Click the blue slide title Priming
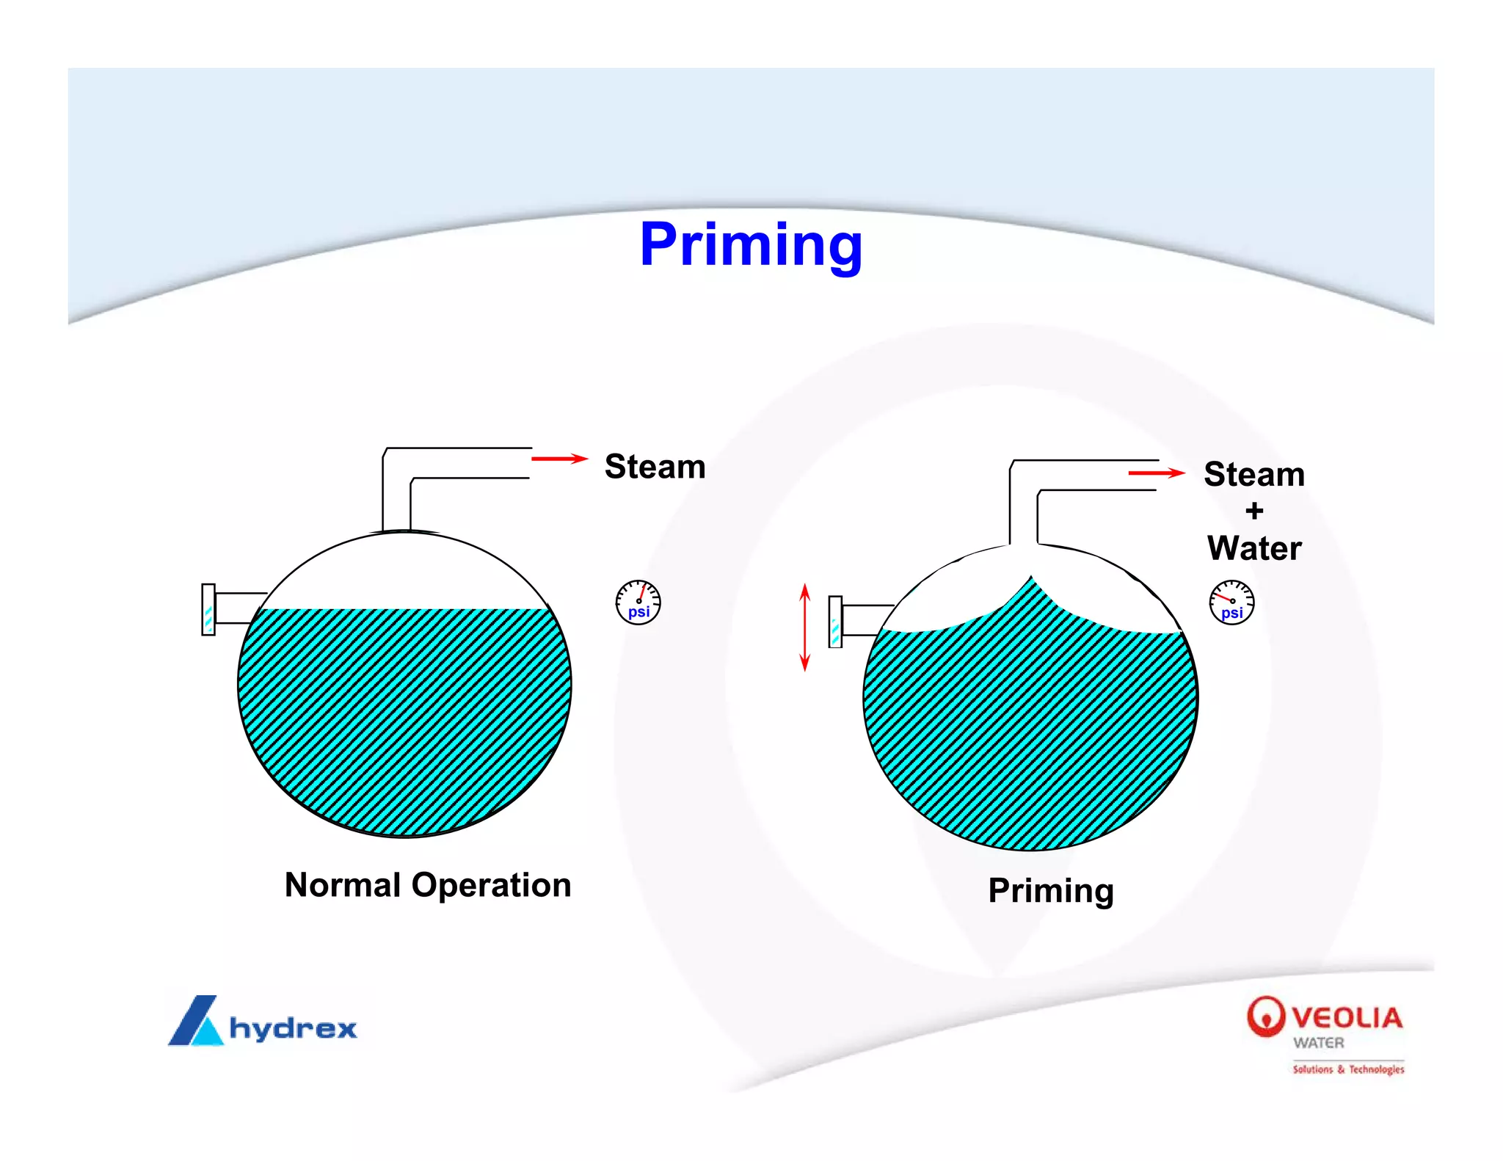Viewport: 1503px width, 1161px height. (x=751, y=245)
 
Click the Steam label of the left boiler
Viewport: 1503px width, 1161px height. (x=655, y=467)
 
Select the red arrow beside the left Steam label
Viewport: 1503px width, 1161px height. (x=559, y=459)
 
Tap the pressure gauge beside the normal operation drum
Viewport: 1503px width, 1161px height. (x=638, y=603)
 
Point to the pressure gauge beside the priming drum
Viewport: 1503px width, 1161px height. (x=1231, y=603)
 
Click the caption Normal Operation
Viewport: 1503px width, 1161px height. (x=428, y=885)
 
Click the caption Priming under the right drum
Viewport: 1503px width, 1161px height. (x=1051, y=891)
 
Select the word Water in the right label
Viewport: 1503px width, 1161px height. (x=1254, y=548)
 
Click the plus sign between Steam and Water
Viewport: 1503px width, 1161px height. (x=1254, y=511)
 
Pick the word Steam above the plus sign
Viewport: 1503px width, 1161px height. (x=1254, y=475)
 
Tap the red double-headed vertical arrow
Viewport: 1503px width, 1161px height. (x=805, y=627)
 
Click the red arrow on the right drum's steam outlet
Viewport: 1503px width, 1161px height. (x=1157, y=473)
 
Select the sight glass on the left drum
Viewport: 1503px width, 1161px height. (x=208, y=610)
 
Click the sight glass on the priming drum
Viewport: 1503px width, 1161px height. (x=835, y=622)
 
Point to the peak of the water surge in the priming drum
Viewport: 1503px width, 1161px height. (x=1031, y=579)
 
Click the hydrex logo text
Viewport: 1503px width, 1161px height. (x=293, y=1028)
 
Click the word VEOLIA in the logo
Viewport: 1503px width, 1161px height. (x=1347, y=1018)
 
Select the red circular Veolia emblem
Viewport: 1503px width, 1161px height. (x=1266, y=1016)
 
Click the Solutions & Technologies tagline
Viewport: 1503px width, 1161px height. (x=1348, y=1069)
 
